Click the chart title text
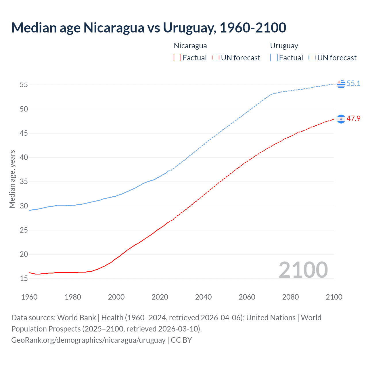149,28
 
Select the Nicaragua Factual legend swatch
177,58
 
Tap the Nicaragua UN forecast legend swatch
215,58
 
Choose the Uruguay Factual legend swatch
274,58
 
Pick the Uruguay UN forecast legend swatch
312,58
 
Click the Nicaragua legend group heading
190,46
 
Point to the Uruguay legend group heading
284,46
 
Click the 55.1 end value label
353,83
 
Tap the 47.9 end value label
353,118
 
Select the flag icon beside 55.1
341,84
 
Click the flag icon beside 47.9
341,119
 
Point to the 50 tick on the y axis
24,109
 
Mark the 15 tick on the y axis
24,278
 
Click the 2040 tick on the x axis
203,297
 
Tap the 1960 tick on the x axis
29,297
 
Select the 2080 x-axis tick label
290,297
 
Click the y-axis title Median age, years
12,179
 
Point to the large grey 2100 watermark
303,270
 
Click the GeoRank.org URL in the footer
88,340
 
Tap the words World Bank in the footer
76,318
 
